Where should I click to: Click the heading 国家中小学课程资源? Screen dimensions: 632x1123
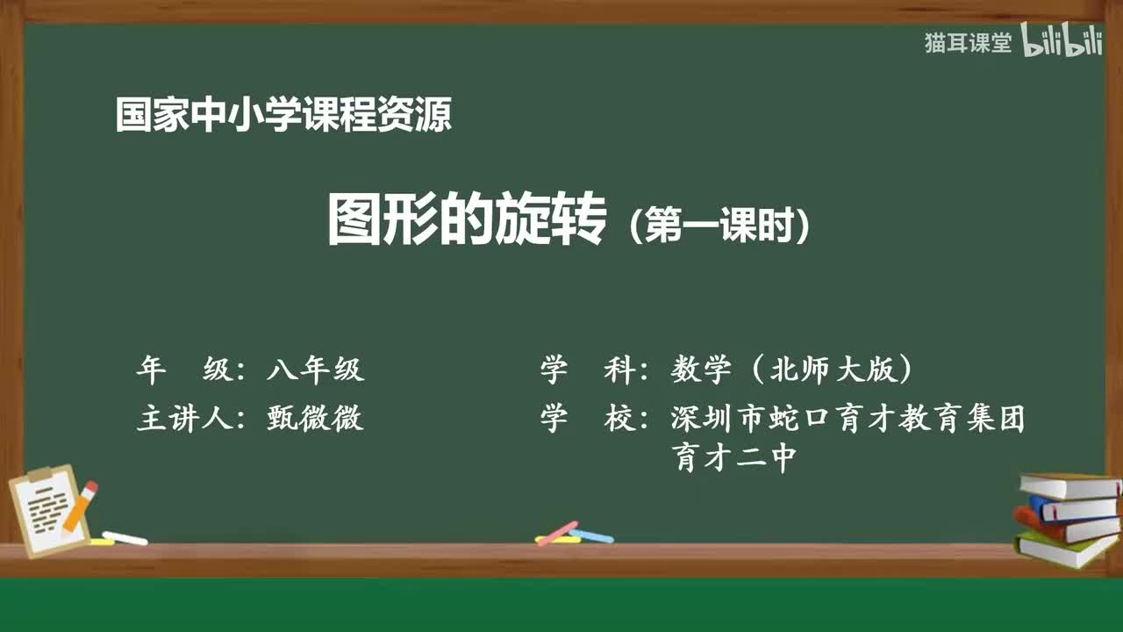point(283,115)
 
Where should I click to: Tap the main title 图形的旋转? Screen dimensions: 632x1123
point(467,220)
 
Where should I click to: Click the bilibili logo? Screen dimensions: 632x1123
point(1062,43)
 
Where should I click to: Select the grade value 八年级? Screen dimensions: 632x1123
point(315,370)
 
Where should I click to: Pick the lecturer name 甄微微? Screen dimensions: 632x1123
point(315,419)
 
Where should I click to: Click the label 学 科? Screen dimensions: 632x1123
point(587,370)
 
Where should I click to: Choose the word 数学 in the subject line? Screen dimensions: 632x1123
point(701,370)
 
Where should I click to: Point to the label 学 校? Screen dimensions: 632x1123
point(587,419)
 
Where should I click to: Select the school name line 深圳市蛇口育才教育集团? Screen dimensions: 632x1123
point(848,419)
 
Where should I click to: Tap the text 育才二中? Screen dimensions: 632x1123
point(734,457)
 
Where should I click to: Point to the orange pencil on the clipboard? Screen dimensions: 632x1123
point(79,506)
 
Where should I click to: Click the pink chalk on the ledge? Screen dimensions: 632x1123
point(557,533)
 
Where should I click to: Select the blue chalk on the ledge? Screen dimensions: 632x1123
point(591,535)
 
